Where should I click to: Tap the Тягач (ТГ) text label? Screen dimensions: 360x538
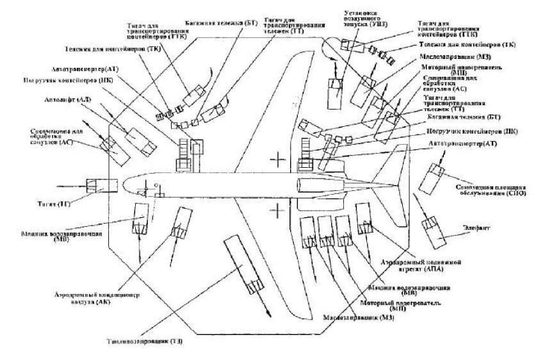[x=47, y=204]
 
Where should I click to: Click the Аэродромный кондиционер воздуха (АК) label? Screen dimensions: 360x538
[x=106, y=297]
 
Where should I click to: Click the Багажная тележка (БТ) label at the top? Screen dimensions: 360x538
[x=221, y=21]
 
